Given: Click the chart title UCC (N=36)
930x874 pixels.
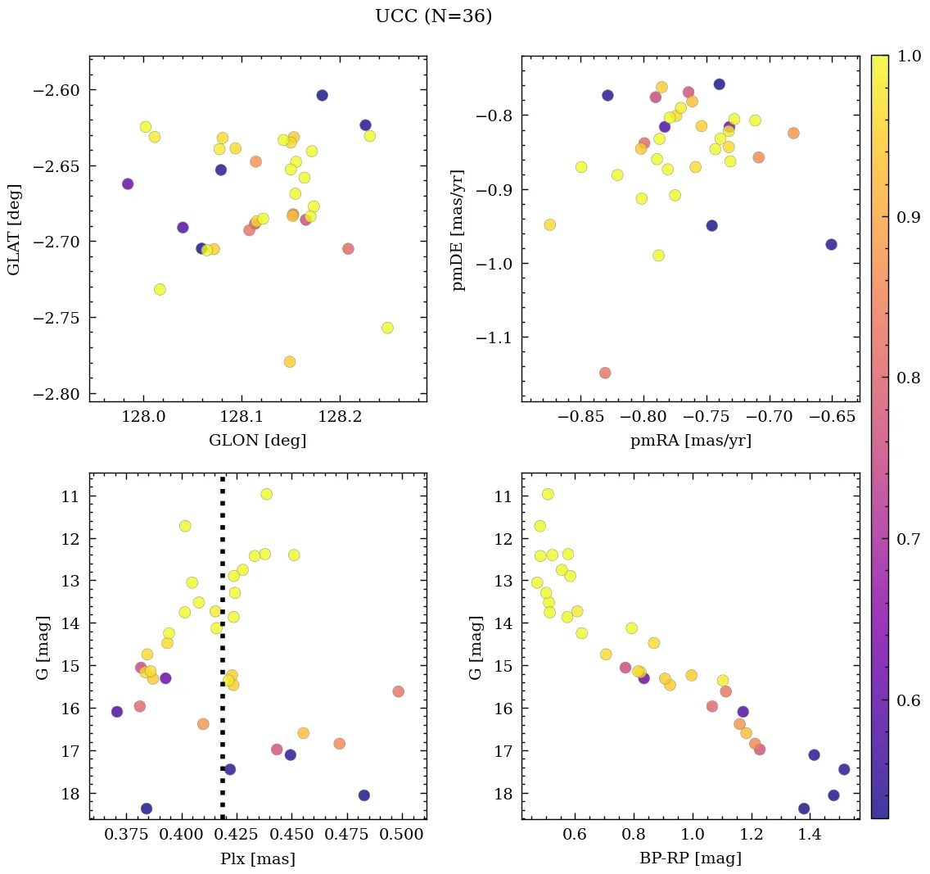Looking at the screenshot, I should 433,16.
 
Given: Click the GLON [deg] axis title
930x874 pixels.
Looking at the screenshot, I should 257,441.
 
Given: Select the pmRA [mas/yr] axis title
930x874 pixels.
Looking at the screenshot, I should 690,441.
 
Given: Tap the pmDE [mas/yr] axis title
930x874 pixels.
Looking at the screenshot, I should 458,230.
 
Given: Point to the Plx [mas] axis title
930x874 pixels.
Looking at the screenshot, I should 258,858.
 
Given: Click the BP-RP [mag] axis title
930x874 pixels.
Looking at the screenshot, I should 690,858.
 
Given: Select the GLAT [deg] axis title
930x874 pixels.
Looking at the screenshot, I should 14,229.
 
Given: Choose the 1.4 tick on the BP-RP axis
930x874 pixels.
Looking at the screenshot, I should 810,835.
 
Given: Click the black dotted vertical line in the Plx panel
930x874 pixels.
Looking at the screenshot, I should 223,655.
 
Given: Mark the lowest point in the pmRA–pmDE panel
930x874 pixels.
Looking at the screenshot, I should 605,373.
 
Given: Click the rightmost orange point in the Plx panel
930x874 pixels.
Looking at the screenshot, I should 398,691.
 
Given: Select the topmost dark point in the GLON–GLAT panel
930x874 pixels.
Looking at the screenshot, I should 322,96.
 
